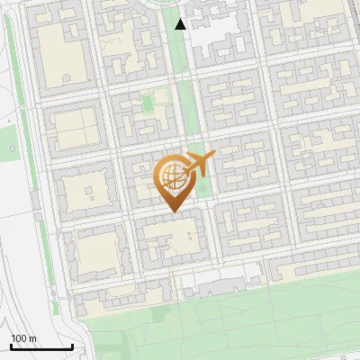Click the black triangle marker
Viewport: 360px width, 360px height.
coord(181,24)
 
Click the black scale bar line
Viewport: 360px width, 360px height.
coord(41,346)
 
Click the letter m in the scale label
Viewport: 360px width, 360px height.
coord(32,338)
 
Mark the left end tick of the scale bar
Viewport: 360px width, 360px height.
coord(11,345)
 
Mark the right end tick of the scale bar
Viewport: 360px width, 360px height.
coord(72,345)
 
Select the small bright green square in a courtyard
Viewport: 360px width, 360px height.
coord(148,105)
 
